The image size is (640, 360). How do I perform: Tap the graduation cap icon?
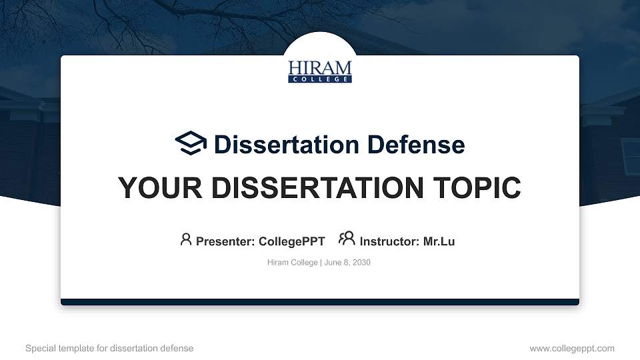point(191,143)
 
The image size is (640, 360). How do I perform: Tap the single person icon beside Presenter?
point(186,239)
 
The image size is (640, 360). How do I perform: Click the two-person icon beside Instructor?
point(347,239)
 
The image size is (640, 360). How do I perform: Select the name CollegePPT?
point(291,241)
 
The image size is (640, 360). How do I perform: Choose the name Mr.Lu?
point(439,241)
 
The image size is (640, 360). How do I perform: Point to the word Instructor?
point(389,241)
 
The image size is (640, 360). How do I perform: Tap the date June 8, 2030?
point(347,263)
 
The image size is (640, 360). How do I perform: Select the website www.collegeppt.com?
point(571,348)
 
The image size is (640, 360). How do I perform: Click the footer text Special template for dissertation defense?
point(109,348)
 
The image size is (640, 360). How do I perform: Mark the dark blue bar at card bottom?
point(320,302)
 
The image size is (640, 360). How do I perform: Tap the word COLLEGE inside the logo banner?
point(320,79)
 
